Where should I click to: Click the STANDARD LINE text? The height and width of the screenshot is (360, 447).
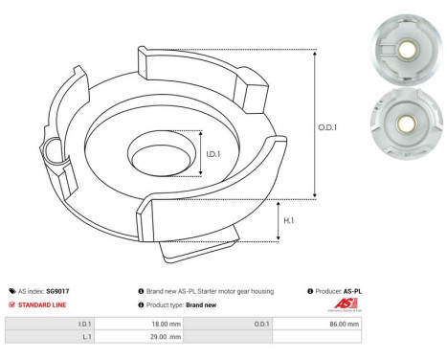(40, 304)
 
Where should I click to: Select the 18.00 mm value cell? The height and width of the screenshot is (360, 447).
(135, 325)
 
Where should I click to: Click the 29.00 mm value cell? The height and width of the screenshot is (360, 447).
(135, 338)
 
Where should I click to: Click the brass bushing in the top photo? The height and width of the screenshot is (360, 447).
(409, 46)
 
